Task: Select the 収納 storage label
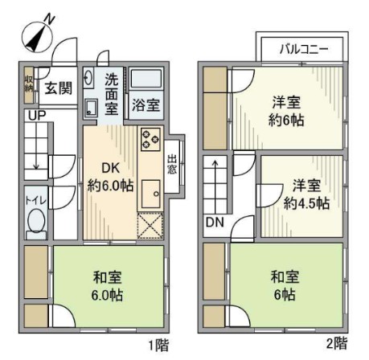tap(29, 84)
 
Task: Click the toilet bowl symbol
tap(36, 225)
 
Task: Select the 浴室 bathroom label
tap(146, 104)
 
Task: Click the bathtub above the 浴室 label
tap(147, 81)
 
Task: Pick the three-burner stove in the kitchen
tap(150, 141)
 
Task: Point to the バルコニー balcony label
tap(303, 49)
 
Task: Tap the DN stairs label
tap(214, 222)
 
